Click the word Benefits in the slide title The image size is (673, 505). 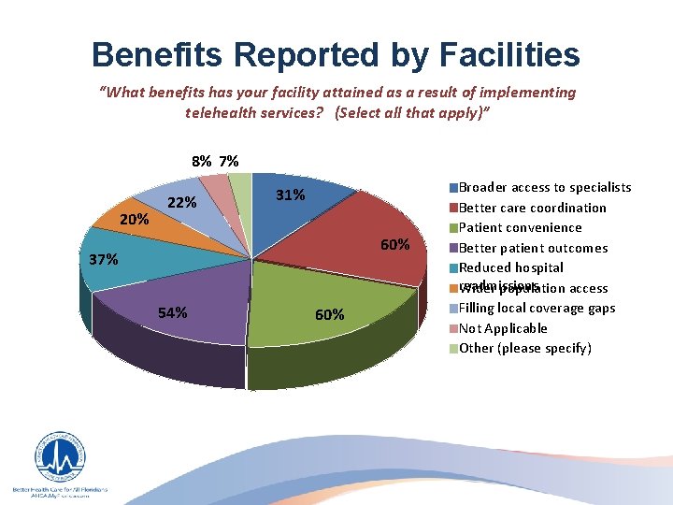point(157,54)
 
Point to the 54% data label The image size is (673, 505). point(173,312)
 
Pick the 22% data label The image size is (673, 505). point(181,204)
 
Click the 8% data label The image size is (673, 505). point(201,161)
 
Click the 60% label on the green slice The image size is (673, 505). point(329,314)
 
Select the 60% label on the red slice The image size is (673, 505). point(394,245)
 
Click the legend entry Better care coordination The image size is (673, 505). point(533,208)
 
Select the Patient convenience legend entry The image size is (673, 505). point(521,227)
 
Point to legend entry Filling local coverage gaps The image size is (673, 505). point(537,308)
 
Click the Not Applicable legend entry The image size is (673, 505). point(503,328)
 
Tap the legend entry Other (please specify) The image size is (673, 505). point(525,348)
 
